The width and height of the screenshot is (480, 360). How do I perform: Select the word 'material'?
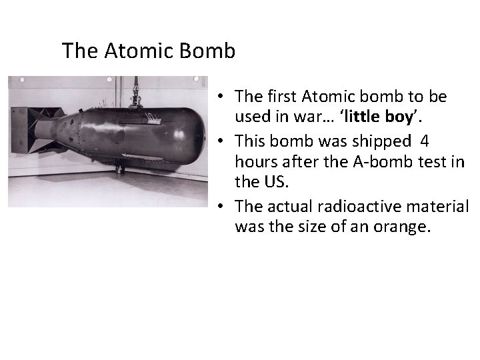pyautogui.click(x=439, y=207)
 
